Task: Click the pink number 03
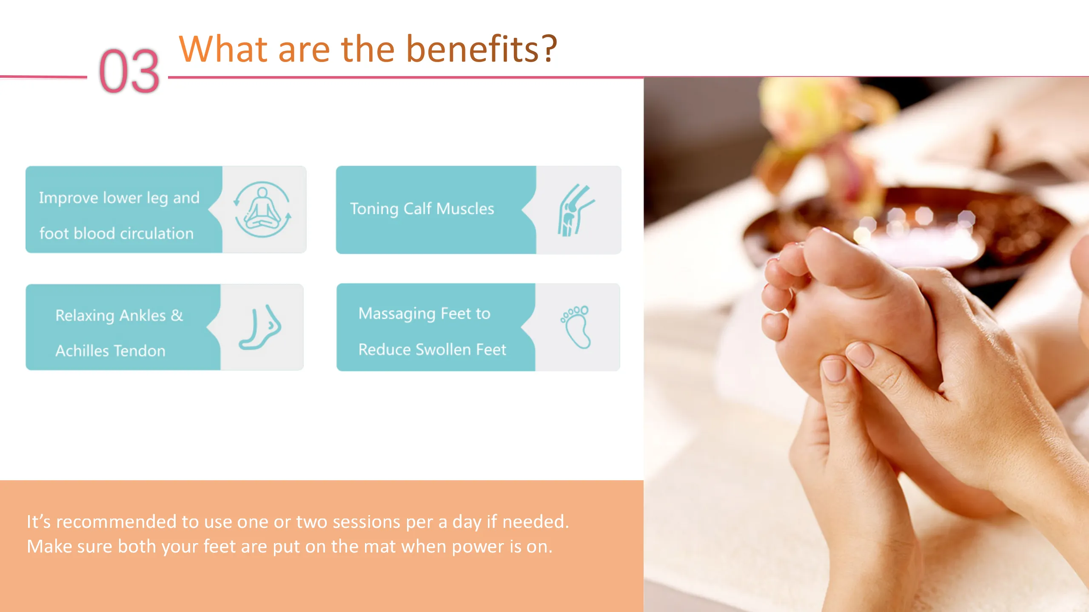[129, 71]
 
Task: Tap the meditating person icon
[262, 210]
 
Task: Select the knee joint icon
[576, 210]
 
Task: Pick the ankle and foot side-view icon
[260, 327]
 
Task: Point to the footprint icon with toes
[576, 327]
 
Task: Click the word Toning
[374, 209]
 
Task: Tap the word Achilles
[82, 351]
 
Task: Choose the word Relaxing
[85, 316]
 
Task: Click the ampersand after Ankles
[177, 315]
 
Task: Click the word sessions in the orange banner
[366, 522]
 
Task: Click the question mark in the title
[549, 48]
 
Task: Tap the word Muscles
[465, 209]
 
